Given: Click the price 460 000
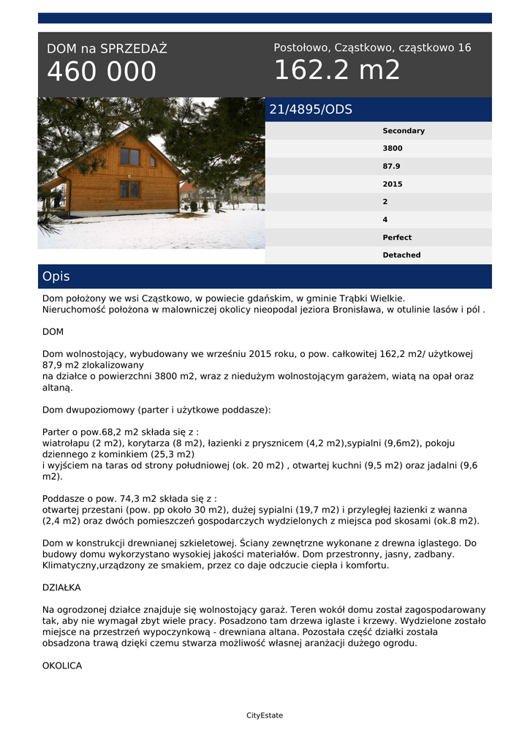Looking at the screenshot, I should click(102, 72).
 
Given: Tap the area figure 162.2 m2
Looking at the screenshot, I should click(337, 70).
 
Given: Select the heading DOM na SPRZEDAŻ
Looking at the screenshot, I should click(107, 49).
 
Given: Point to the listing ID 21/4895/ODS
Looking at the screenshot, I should click(311, 110).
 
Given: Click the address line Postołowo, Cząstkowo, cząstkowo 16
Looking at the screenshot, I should click(372, 48).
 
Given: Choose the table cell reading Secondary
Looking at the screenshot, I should click(404, 131).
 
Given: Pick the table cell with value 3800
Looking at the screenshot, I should click(393, 148).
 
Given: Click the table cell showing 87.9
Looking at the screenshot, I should click(392, 166).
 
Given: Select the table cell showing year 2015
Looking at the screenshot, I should click(393, 184).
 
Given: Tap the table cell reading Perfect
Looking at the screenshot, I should click(397, 238).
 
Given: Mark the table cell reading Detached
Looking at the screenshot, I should click(401, 255).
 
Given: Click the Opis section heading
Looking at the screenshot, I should click(56, 277).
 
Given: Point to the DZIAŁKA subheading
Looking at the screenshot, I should click(61, 587).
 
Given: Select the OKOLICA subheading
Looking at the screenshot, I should click(62, 666).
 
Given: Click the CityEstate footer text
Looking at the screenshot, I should click(265, 715).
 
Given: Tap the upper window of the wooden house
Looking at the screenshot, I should click(129, 157).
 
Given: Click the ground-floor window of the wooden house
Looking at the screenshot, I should click(129, 189).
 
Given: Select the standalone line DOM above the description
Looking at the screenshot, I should click(53, 331).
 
